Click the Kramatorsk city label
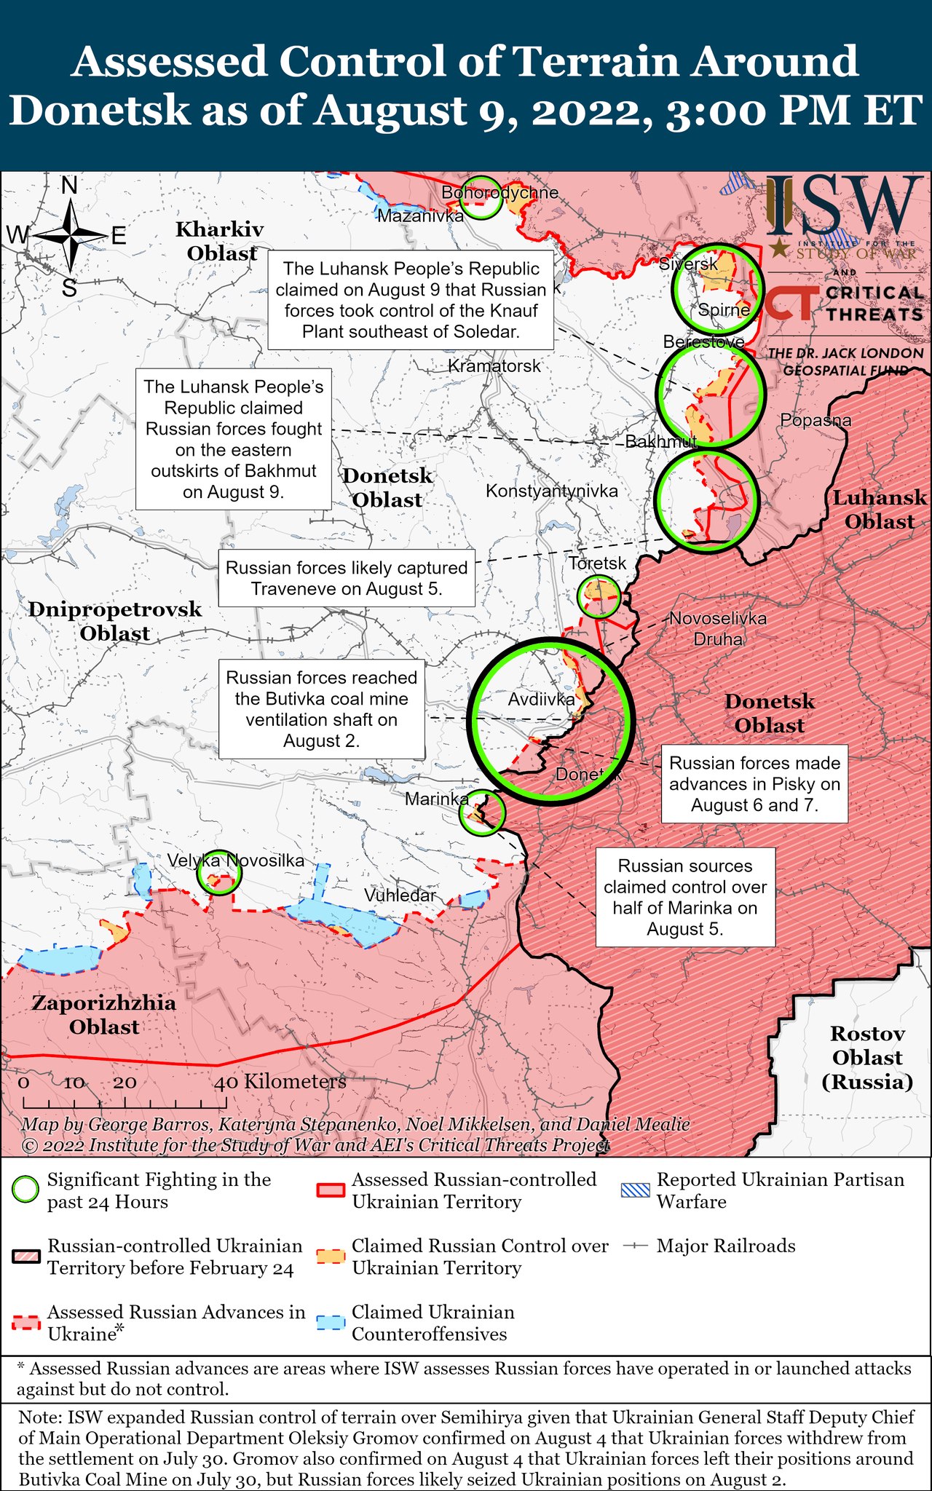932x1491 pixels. (x=494, y=365)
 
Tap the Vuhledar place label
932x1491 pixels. (x=400, y=895)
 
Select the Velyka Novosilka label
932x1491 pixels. (x=236, y=861)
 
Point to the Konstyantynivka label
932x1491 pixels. (x=551, y=491)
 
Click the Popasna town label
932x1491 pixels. (x=815, y=420)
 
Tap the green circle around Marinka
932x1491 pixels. (x=482, y=812)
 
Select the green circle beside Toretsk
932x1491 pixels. (x=599, y=596)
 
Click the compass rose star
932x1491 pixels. (x=71, y=235)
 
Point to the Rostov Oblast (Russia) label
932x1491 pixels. (x=866, y=1057)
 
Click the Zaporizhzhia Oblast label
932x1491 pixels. (x=104, y=1014)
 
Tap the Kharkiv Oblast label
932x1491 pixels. (x=220, y=241)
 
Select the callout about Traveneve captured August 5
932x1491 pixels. (x=347, y=578)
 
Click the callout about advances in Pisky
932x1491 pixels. (x=754, y=783)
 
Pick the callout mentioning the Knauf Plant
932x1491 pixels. (x=411, y=300)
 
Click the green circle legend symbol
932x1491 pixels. (x=26, y=1190)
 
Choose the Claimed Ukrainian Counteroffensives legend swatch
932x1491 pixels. (x=331, y=1322)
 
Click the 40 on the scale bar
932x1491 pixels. (x=226, y=1082)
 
